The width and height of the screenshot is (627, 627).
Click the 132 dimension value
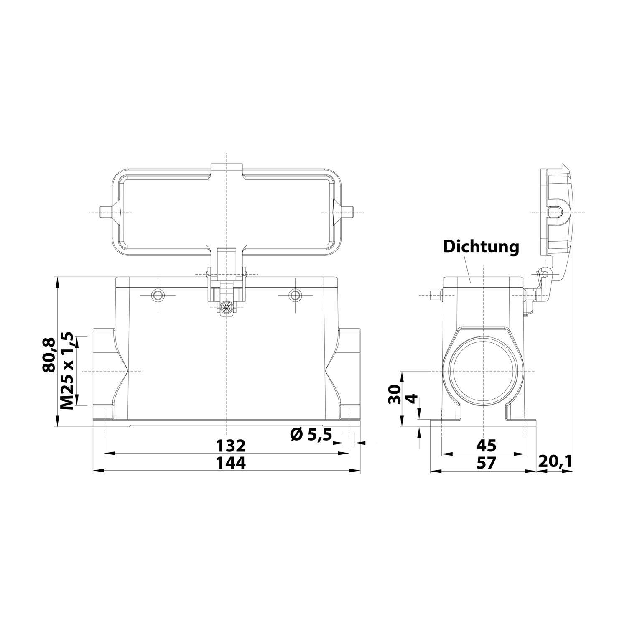pos(230,446)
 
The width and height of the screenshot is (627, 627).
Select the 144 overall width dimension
pos(230,463)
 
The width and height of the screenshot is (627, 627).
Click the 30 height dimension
pos(394,394)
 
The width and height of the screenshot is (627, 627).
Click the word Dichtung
pos(481,247)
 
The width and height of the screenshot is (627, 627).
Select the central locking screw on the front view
pos(227,307)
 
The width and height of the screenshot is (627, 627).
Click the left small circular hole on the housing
pos(158,295)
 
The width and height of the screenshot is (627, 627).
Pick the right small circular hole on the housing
pos(296,295)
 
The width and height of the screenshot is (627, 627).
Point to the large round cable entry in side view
pos(484,371)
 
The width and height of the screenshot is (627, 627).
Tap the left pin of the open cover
pos(104,212)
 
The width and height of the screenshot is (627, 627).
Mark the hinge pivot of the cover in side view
pos(544,273)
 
